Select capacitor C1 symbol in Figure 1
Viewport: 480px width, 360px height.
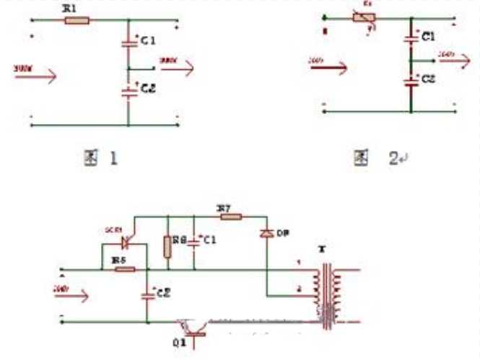[x=128, y=44]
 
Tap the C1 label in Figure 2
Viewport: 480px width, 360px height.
[x=428, y=36]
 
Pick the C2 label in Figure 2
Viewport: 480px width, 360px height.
[x=428, y=77]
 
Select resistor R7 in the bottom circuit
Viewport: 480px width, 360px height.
[x=229, y=215]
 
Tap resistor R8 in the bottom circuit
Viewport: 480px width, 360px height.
[x=168, y=245]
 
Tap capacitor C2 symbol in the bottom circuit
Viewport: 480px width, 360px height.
[x=147, y=294]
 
